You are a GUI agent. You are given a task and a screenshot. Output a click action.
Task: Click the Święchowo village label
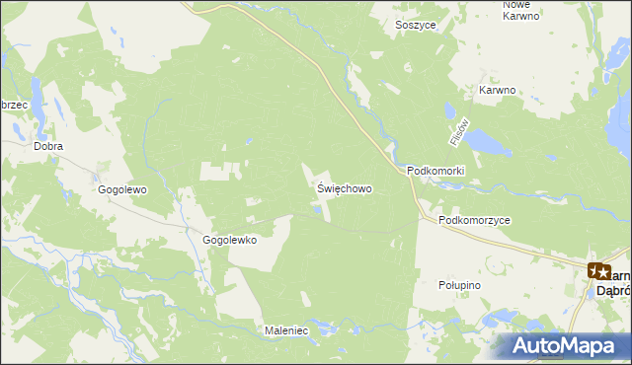pos(345,187)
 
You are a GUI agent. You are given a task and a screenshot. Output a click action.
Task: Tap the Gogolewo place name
pos(122,187)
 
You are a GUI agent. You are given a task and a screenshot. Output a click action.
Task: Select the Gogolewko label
pos(229,240)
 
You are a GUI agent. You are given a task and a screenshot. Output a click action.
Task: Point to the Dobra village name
pos(48,146)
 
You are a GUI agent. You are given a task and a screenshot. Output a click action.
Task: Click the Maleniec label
pos(287,330)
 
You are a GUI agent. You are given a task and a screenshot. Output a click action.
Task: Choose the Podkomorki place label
pos(435,171)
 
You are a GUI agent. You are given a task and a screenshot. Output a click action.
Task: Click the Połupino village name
pos(458,284)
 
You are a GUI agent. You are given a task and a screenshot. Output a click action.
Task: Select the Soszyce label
pos(415,25)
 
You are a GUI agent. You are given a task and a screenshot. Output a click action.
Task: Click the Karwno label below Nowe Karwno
pos(498,90)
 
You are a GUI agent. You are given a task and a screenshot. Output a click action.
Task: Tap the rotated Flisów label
pos(456,133)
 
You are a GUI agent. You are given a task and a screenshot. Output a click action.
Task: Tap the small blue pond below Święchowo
pos(316,208)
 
